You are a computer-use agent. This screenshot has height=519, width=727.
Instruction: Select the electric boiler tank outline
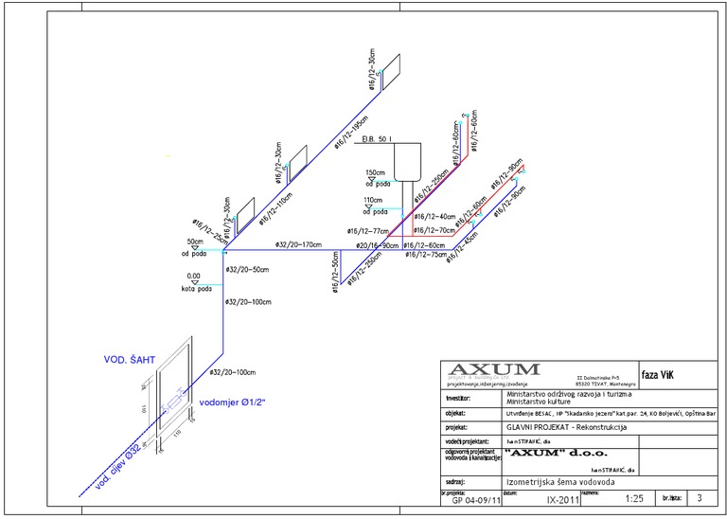(x=408, y=160)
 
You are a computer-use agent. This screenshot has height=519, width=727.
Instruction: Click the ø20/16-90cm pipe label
(x=377, y=245)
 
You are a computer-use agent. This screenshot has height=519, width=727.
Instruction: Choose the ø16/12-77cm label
(x=368, y=231)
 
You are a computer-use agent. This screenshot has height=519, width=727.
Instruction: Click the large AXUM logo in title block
(x=493, y=369)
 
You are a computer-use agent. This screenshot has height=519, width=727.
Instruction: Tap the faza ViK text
(x=659, y=373)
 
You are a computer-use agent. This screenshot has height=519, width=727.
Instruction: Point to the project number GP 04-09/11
(x=470, y=498)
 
